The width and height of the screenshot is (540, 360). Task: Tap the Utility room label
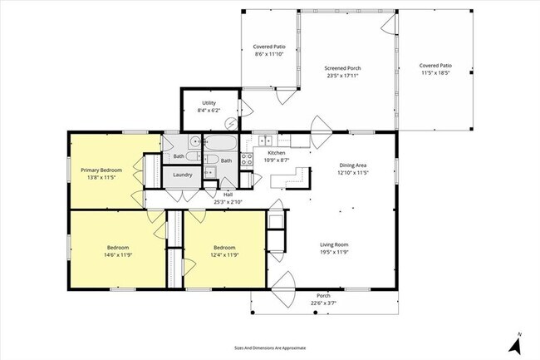pyautogui.click(x=209, y=103)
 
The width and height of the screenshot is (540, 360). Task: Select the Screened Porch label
pyautogui.click(x=342, y=68)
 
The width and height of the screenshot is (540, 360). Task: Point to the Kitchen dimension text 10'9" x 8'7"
pyautogui.click(x=276, y=160)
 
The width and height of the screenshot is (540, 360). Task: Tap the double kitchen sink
pyautogui.click(x=263, y=140)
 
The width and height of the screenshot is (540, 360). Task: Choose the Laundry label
pyautogui.click(x=183, y=175)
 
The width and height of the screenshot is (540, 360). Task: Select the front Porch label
pyautogui.click(x=324, y=296)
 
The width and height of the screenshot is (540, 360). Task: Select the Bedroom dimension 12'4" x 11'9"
pyautogui.click(x=224, y=254)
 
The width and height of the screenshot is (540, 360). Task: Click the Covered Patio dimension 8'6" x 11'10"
pyautogui.click(x=268, y=54)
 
